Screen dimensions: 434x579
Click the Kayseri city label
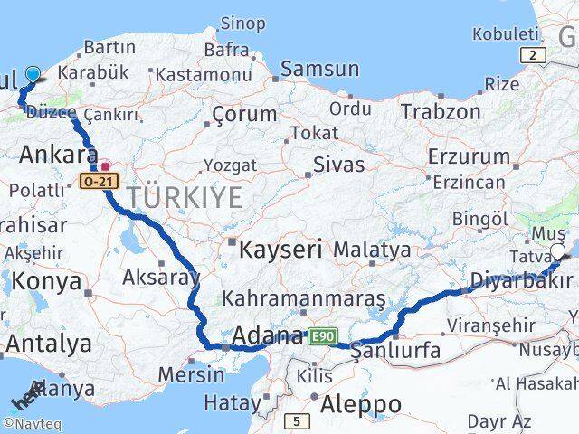tap(280, 250)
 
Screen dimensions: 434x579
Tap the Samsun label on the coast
tap(319, 69)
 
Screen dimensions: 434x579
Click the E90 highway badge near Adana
tap(321, 336)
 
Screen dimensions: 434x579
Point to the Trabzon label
tap(441, 111)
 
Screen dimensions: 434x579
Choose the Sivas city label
tap(338, 165)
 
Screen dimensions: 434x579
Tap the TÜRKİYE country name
tap(184, 196)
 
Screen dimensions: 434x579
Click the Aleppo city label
tap(360, 402)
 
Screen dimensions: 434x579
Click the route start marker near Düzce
tap(33, 75)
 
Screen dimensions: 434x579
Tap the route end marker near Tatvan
tap(557, 254)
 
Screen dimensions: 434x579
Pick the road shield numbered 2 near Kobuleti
tap(536, 55)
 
